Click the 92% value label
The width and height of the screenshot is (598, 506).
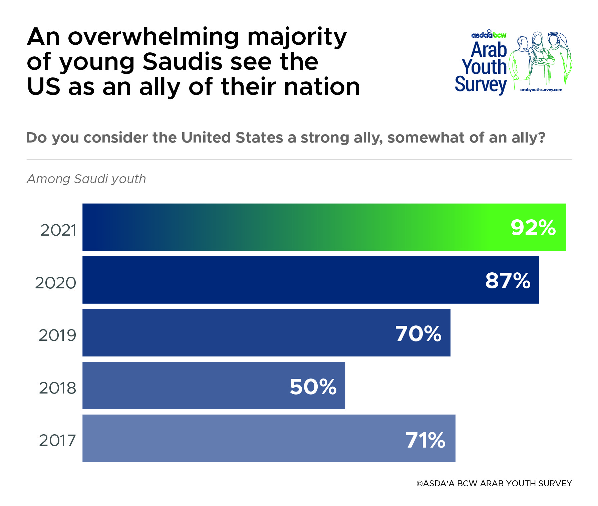pyautogui.click(x=533, y=228)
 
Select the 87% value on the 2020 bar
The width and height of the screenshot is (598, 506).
pyautogui.click(x=508, y=281)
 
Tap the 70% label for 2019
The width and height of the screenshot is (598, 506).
pyautogui.click(x=418, y=333)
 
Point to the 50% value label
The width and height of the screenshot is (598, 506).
pyautogui.click(x=313, y=387)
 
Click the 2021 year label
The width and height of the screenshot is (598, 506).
pyautogui.click(x=58, y=230)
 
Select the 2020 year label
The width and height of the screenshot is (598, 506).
pyautogui.click(x=56, y=283)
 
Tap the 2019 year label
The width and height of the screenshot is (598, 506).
pyautogui.click(x=57, y=335)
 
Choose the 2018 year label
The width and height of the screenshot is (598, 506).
pyautogui.click(x=57, y=388)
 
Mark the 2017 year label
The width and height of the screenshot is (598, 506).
pyautogui.click(x=57, y=440)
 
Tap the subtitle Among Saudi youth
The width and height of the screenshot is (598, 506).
pyautogui.click(x=86, y=179)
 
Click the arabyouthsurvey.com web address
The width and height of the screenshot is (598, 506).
pyautogui.click(x=541, y=89)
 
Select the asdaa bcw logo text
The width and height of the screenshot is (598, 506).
pyautogui.click(x=489, y=35)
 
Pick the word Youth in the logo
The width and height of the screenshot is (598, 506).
pyautogui.click(x=484, y=67)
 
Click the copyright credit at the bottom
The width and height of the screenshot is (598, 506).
pyautogui.click(x=494, y=483)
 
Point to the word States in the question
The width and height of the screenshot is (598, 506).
pyautogui.click(x=259, y=138)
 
